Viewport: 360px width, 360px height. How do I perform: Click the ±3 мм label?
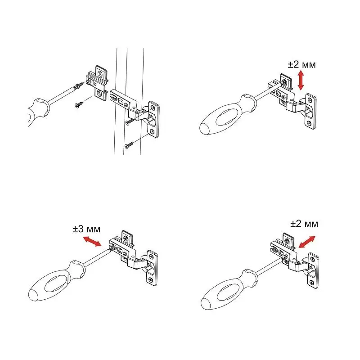(86, 229)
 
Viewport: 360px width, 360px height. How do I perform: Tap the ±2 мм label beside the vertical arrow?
(301, 64)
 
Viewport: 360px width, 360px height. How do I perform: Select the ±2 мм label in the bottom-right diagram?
(304, 224)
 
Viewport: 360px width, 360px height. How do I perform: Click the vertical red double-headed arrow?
(301, 81)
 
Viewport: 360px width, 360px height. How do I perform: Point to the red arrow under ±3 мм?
(92, 242)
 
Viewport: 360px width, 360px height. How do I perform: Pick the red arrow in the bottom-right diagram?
(307, 242)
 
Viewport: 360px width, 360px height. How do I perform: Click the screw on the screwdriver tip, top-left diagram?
(79, 86)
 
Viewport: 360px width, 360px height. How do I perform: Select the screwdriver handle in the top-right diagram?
(227, 115)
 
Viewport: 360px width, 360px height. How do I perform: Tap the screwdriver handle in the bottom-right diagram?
(229, 289)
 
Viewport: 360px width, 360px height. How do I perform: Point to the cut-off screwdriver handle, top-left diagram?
(39, 111)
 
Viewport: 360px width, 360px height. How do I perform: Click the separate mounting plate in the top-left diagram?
(97, 83)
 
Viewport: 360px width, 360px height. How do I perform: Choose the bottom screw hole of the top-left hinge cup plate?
(152, 131)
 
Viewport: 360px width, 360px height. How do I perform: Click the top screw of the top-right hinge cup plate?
(310, 100)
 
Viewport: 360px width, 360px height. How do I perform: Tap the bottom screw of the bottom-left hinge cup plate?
(151, 279)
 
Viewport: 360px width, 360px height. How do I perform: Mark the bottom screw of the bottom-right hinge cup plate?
(312, 283)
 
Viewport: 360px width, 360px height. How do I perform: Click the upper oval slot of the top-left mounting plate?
(100, 74)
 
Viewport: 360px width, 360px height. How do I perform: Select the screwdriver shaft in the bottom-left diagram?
(98, 256)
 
